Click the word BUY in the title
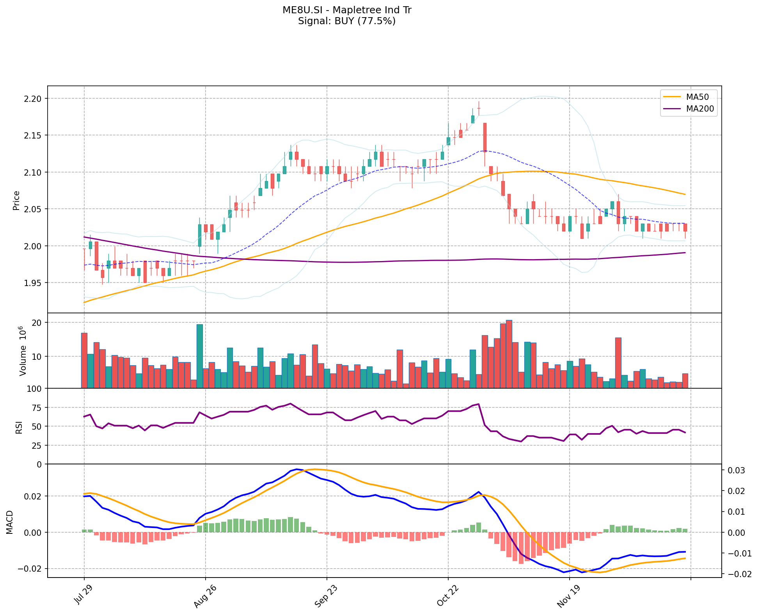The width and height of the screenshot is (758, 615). [x=343, y=21]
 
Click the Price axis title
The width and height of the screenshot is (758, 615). [x=16, y=200]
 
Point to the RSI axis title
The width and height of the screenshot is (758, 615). [x=19, y=427]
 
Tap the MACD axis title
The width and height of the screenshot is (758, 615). [x=10, y=522]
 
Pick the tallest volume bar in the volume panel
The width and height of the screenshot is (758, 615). [x=509, y=354]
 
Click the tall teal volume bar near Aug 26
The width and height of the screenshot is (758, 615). [x=199, y=356]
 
